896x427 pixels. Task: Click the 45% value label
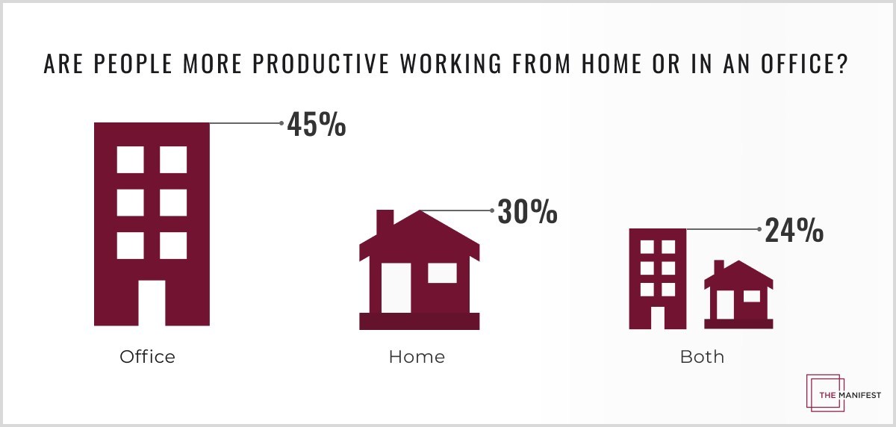point(317,125)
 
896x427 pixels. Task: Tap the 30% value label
point(528,212)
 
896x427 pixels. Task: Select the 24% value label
point(794,231)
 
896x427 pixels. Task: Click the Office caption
point(147,357)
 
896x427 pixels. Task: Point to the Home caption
point(417,357)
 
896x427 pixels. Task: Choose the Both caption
point(702,357)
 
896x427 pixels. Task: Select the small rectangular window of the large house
point(442,273)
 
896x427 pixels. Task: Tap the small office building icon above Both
point(657,278)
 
